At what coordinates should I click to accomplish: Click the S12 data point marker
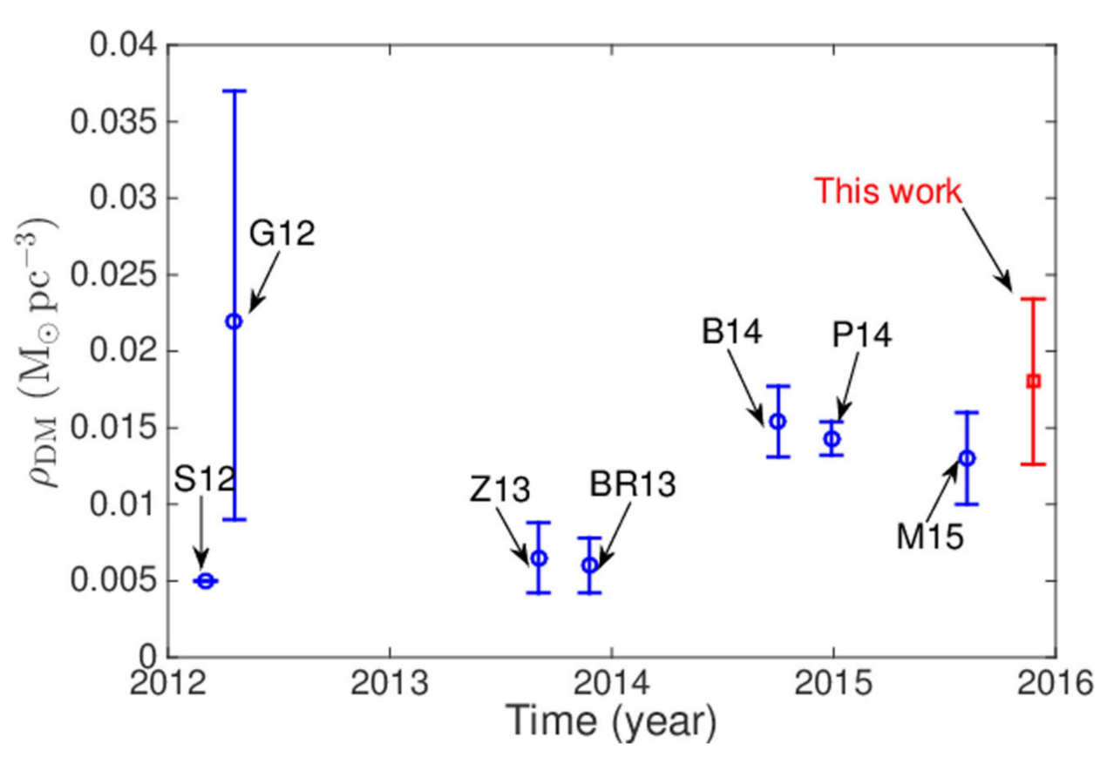click(x=206, y=581)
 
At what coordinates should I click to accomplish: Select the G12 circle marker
click(x=234, y=321)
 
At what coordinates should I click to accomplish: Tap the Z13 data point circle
click(x=539, y=558)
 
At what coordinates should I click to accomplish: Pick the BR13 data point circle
click(x=590, y=564)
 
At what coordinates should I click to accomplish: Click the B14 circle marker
click(x=778, y=422)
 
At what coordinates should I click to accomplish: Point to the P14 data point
click(x=832, y=439)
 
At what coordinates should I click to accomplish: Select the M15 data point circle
click(x=967, y=458)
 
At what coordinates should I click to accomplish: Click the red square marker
click(x=1034, y=382)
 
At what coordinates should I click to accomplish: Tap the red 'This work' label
click(x=888, y=191)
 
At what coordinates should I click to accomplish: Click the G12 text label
click(x=282, y=233)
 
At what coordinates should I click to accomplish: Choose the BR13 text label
click(x=634, y=485)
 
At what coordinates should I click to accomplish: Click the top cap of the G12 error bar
click(x=234, y=91)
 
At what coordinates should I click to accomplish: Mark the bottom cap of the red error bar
click(x=1034, y=464)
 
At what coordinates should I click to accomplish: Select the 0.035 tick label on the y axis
click(x=116, y=122)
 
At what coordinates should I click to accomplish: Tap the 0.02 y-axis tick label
click(x=126, y=351)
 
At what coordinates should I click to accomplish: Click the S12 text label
click(x=204, y=479)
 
